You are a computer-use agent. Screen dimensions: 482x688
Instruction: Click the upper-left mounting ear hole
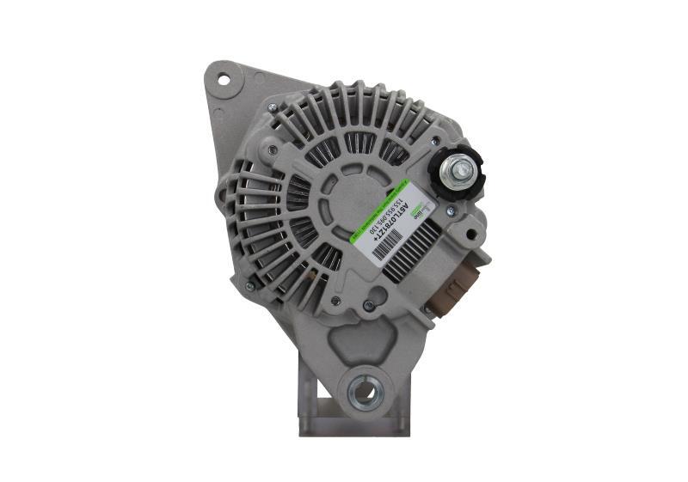(224, 81)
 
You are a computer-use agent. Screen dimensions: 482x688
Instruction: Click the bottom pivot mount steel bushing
(364, 391)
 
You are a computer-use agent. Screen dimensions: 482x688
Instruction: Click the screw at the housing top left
(272, 107)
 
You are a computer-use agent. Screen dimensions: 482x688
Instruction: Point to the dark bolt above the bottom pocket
(369, 305)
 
